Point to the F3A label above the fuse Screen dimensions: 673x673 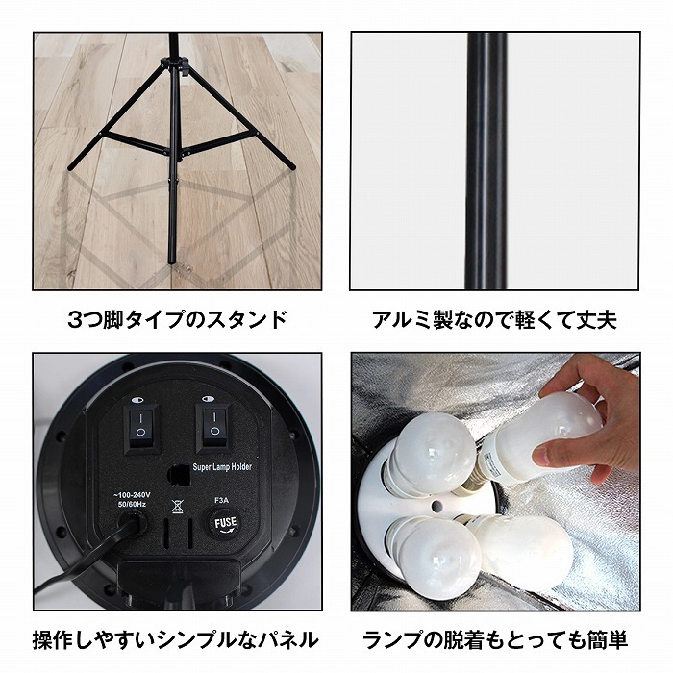[223, 500]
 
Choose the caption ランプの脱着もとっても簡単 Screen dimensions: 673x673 [494, 639]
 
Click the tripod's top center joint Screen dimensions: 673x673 [173, 64]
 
